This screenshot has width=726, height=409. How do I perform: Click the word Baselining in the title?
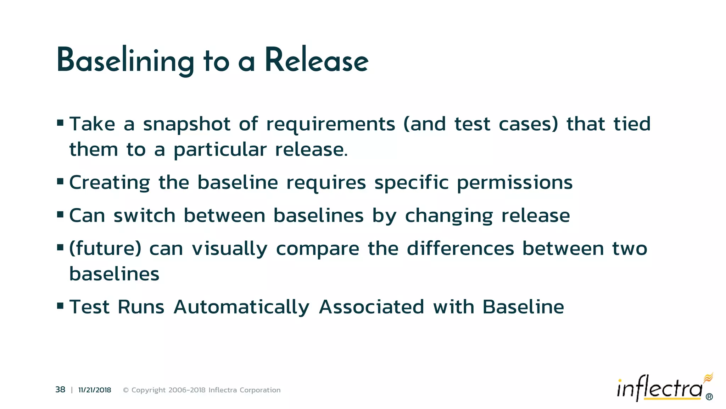coord(125,61)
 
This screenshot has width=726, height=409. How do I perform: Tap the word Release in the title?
coord(316,61)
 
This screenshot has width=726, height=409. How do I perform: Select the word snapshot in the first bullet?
coord(186,124)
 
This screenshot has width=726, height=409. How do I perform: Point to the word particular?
coord(220,150)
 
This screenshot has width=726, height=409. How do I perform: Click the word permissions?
coord(514,183)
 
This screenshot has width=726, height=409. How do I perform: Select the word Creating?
coord(110,183)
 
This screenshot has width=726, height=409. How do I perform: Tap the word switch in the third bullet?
coord(144,216)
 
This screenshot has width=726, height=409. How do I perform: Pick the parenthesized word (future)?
coord(105,249)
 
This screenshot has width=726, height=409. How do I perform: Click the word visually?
coord(229,249)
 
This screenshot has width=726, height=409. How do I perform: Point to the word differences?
coord(460,248)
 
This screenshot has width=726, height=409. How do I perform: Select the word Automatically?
coord(241,307)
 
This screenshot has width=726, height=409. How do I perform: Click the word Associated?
coord(371,307)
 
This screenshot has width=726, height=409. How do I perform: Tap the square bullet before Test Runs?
coord(60,305)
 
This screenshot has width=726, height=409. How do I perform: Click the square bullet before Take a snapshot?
coord(60,123)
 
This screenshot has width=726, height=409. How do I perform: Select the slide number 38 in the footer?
coord(60,390)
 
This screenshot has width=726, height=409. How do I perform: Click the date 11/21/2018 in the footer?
coord(94,390)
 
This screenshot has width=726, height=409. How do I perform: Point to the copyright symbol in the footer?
coord(125,390)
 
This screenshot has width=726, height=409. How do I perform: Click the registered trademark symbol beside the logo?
coord(709,397)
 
